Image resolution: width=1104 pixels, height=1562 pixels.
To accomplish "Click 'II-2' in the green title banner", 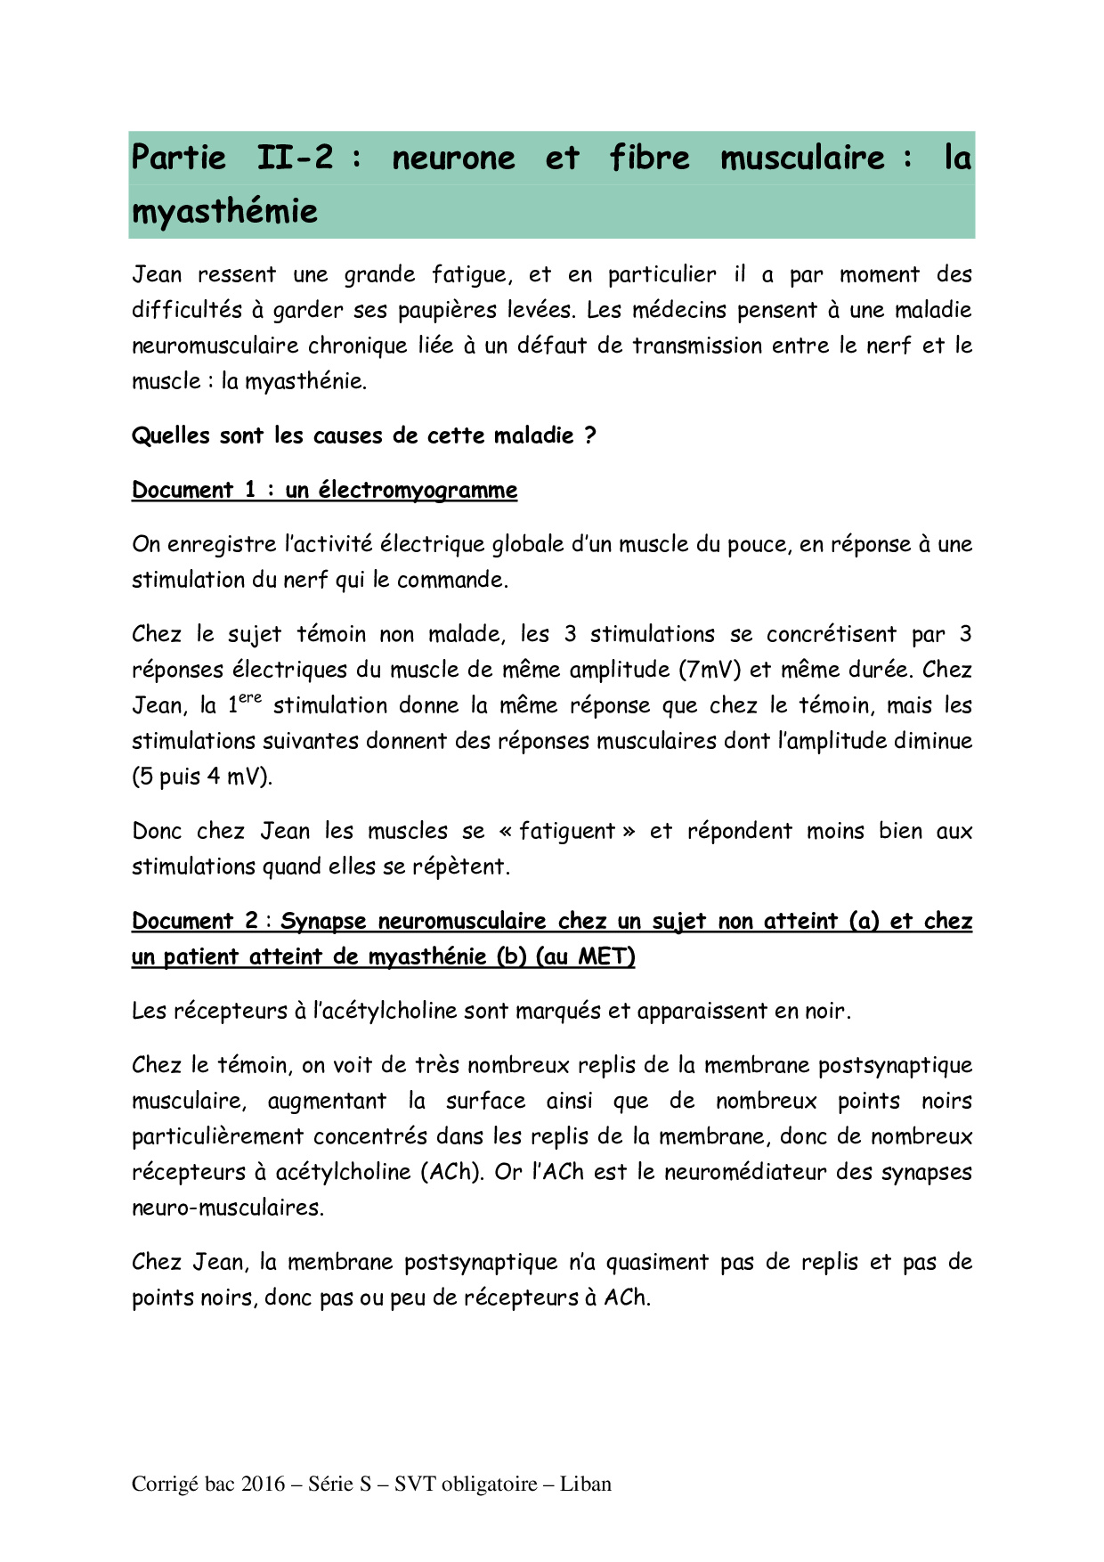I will pos(295,158).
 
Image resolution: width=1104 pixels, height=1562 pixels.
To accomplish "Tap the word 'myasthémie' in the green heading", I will pos(224,212).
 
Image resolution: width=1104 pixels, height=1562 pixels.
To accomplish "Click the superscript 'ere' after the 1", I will pos(250,698).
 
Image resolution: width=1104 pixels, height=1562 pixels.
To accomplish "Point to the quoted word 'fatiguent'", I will pos(567,831).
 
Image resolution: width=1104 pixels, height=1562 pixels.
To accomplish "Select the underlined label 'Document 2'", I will pos(195,921).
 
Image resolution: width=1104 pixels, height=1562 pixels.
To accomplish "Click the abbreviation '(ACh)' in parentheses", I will pos(451,1172).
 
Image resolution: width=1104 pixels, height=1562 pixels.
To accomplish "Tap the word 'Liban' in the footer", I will pos(585,1484).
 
